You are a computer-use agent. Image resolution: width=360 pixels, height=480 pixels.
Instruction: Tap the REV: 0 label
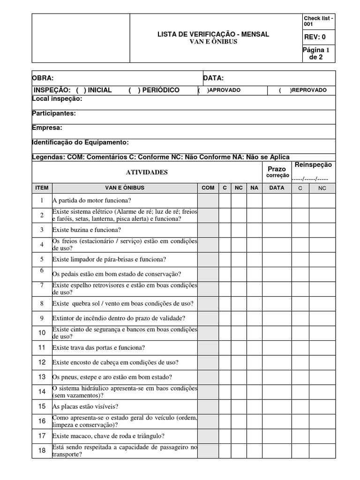(315, 37)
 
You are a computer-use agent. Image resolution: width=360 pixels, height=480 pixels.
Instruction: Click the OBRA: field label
(43, 78)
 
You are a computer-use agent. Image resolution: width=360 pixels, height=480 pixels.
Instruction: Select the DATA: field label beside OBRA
(213, 78)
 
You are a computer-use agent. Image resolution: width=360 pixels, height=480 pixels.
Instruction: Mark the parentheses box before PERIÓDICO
(134, 90)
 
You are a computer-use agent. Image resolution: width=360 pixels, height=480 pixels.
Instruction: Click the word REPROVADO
(310, 90)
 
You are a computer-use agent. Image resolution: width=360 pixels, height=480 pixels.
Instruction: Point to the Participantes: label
(54, 113)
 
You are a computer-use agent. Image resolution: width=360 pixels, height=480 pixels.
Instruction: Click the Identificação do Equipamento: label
(80, 142)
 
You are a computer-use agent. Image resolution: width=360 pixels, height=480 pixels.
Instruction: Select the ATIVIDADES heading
(147, 172)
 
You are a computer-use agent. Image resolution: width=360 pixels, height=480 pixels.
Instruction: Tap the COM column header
(208, 187)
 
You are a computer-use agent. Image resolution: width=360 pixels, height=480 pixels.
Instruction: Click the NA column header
(254, 187)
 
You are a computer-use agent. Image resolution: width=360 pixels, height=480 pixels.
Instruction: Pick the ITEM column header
(42, 187)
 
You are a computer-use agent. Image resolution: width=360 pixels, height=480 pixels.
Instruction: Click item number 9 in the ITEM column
(42, 318)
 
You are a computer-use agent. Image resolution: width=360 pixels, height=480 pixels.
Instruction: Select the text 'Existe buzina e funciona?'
(87, 230)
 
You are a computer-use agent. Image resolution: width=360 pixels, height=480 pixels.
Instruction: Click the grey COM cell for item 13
(208, 376)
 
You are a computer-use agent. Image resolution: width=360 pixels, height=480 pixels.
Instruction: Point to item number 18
(42, 450)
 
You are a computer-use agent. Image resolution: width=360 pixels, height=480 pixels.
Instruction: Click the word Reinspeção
(313, 165)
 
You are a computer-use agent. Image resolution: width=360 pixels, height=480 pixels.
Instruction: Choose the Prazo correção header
(277, 172)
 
